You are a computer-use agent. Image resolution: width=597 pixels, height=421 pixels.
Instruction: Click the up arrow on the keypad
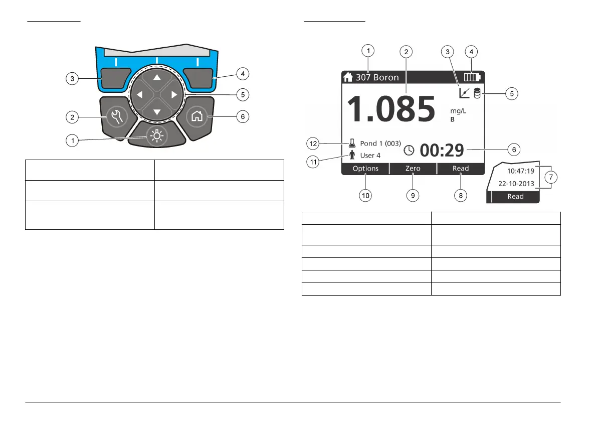pos(157,77)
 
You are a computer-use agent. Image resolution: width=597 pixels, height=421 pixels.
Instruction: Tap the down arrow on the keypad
pos(157,112)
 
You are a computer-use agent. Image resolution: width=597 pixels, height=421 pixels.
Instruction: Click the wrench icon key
pos(117,116)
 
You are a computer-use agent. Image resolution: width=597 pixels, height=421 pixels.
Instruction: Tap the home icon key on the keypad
pos(197,116)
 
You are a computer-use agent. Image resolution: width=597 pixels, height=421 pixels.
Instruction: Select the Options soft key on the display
pos(365,169)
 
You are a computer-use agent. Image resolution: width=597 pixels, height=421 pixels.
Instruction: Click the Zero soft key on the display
pos(413,169)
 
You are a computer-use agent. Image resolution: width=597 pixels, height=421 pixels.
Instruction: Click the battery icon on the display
pos(472,77)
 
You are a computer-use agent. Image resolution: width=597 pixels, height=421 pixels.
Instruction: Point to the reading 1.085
pos(391,109)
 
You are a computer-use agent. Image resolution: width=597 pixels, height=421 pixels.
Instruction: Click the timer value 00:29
pos(442,150)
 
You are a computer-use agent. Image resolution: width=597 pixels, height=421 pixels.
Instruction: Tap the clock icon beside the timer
pos(409,150)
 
